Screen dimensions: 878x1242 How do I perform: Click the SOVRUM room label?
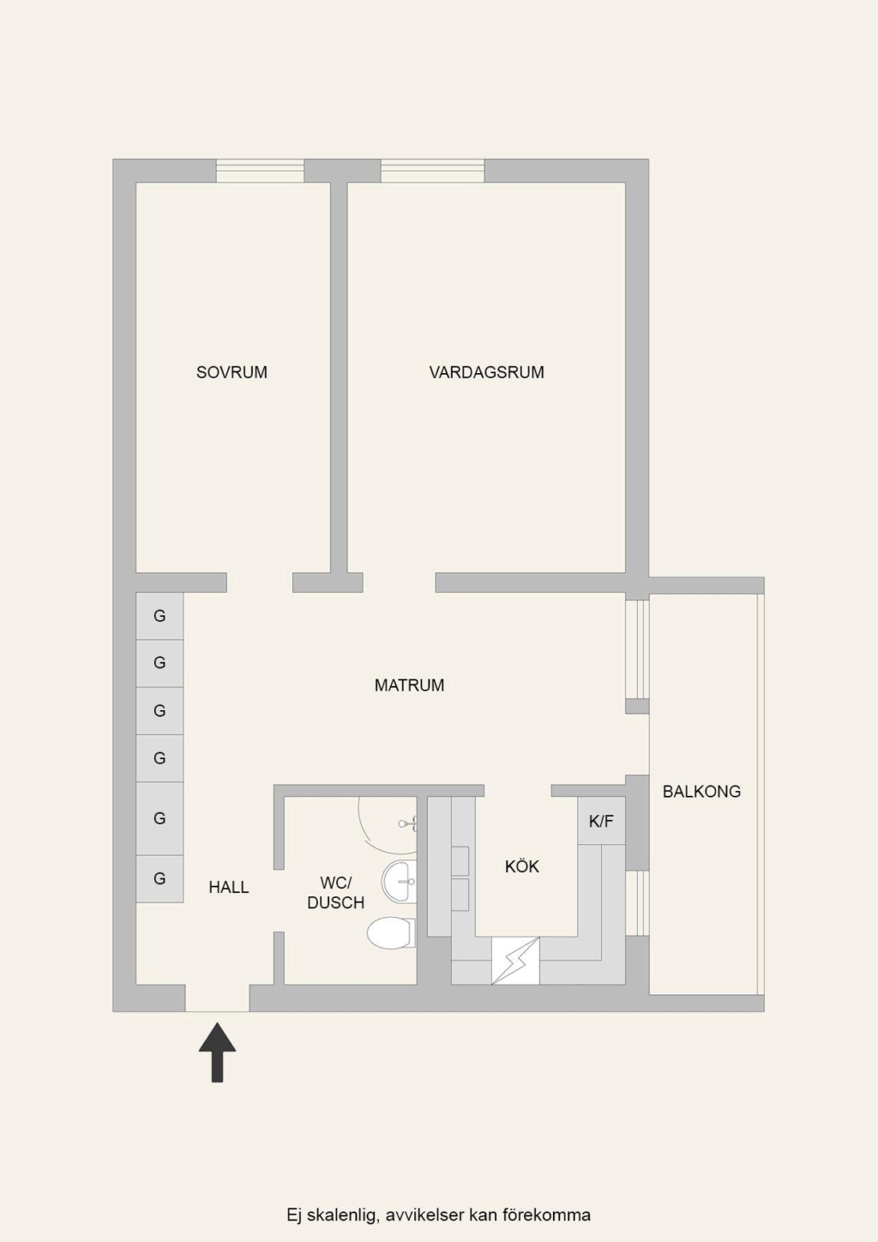232,372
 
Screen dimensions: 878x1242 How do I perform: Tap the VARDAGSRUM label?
487,372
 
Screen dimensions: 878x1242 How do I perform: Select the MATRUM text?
409,685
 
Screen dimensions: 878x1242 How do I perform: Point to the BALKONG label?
701,791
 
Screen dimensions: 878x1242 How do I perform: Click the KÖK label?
521,866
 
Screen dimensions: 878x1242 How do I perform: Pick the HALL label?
229,887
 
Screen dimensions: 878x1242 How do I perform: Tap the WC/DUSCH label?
336,893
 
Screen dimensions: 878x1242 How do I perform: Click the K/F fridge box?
601,821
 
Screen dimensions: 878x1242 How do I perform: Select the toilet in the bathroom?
391,932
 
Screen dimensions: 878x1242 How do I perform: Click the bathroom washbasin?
399,881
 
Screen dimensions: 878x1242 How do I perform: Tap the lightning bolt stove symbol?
515,961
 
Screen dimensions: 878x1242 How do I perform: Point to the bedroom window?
260,171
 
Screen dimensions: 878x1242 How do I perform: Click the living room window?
432,171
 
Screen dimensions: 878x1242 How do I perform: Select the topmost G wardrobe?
159,616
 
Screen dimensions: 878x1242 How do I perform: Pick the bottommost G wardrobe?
159,878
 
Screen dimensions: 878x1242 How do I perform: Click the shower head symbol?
408,823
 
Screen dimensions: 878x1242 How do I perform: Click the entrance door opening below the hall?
217,998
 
